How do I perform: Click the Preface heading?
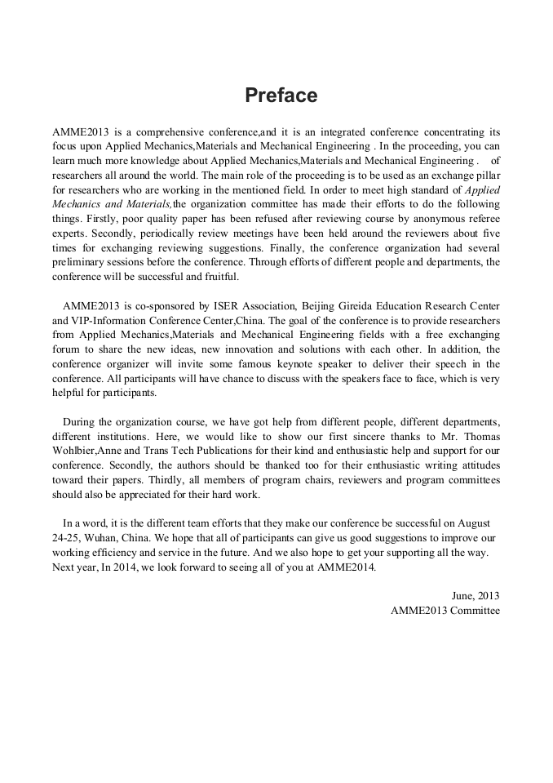tap(281, 96)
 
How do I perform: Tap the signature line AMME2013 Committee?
tap(445, 610)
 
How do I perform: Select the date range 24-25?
tap(64, 538)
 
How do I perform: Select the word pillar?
tap(487, 175)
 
